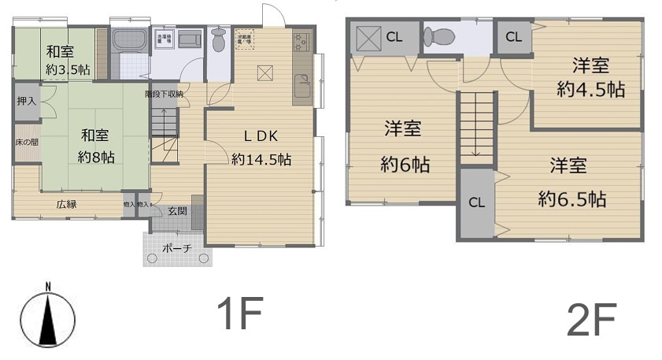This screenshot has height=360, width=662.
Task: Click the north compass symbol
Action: click(x=48, y=319)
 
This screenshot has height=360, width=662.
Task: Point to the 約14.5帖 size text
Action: click(x=261, y=159)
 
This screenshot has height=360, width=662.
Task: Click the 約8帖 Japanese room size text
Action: click(x=96, y=157)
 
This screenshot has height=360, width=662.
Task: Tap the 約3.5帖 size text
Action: click(x=67, y=69)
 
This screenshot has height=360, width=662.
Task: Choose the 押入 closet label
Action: click(x=26, y=102)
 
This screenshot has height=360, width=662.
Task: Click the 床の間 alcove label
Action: click(x=26, y=143)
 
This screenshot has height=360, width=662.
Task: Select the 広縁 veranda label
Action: click(x=66, y=204)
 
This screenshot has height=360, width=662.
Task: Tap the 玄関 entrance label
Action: click(x=176, y=211)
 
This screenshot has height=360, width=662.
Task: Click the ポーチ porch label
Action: click(x=176, y=247)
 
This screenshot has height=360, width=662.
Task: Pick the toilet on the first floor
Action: click(x=218, y=40)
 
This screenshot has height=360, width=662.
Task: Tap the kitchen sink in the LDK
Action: click(x=301, y=84)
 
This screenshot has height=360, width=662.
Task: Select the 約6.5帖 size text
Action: click(x=572, y=199)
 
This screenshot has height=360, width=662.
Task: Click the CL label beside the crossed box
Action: click(x=394, y=36)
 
